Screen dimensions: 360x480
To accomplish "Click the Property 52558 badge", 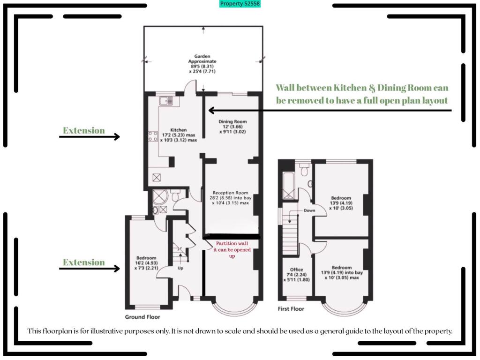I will coord(240,4).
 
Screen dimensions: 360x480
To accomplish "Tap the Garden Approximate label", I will coord(202,64).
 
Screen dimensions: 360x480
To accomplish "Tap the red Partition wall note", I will coord(232,250).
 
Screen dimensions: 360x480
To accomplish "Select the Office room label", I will coord(297,273).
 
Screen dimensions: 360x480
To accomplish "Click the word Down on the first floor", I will coord(309,210).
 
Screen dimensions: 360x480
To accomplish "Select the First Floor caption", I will coord(291,309).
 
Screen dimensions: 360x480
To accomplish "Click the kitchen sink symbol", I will coord(166,101).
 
